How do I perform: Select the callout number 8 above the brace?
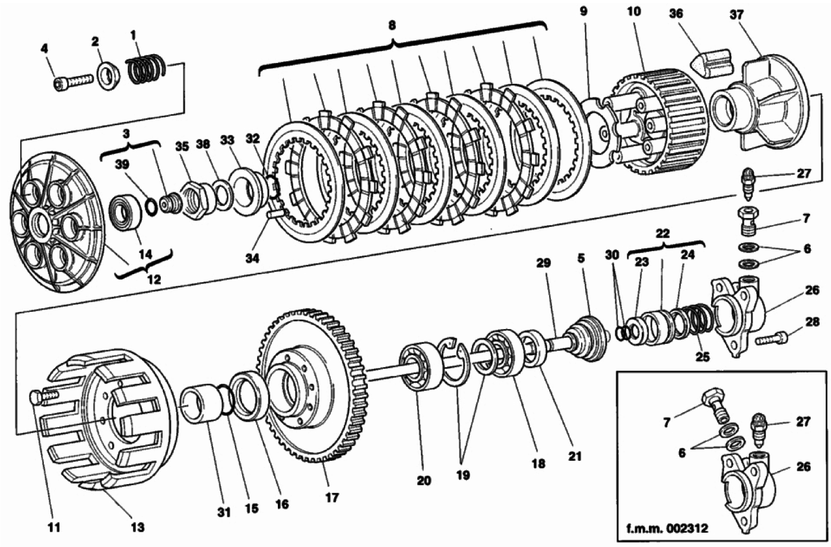point(392,25)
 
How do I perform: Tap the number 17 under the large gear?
point(332,498)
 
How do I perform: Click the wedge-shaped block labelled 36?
point(712,63)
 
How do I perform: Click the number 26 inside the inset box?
point(803,467)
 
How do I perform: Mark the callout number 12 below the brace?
point(154,279)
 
